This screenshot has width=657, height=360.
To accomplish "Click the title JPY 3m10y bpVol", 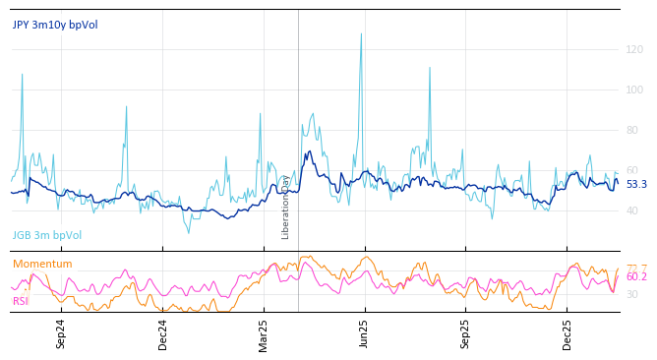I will (x=55, y=25).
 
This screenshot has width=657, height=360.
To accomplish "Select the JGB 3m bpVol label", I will (x=47, y=236).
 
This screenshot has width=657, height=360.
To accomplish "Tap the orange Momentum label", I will (x=42, y=264).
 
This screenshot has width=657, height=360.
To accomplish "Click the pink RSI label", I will (x=21, y=301).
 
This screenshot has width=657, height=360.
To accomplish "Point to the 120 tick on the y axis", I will (x=634, y=49).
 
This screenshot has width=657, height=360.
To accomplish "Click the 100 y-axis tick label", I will (x=634, y=90).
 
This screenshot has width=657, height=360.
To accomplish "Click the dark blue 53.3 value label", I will (x=636, y=184).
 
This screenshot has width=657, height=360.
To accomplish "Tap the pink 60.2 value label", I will (x=636, y=277).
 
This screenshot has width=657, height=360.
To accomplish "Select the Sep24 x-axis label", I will (x=61, y=333).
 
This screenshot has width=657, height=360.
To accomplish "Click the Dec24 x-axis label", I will (x=163, y=333).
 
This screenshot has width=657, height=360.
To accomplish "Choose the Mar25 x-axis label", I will (x=264, y=333).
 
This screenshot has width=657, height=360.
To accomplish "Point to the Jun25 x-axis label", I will (x=365, y=333).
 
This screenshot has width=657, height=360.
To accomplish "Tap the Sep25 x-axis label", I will (x=466, y=333).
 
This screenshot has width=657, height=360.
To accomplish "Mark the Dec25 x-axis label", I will (x=567, y=333).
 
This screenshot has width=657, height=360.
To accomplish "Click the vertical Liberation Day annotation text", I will (x=286, y=208).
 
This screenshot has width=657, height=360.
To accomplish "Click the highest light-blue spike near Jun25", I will (x=361, y=34).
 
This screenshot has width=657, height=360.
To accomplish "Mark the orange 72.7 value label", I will (x=636, y=268).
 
